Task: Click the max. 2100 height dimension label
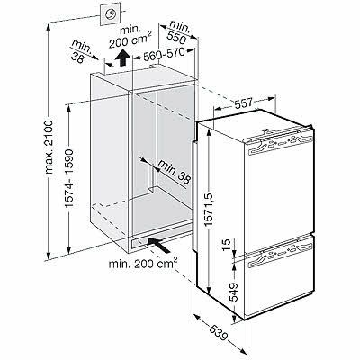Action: (49, 147)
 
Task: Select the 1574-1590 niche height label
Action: (69, 178)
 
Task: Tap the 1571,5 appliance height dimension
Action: (209, 209)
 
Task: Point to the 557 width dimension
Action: (243, 103)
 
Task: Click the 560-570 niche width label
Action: (164, 54)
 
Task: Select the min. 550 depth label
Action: (179, 32)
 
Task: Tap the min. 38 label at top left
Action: (80, 51)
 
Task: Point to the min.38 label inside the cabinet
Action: (175, 172)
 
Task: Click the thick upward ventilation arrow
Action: (122, 58)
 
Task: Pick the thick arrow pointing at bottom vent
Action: (159, 245)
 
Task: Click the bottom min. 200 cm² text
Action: (142, 263)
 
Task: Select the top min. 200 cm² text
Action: (130, 38)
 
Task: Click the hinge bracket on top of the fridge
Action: (265, 130)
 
